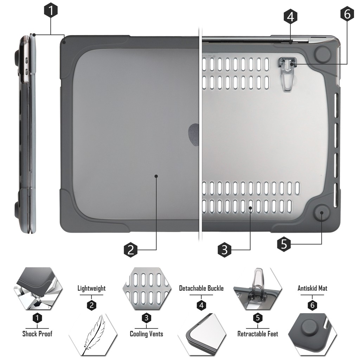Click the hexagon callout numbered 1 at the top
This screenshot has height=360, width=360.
51,10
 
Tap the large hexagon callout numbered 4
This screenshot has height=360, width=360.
290,17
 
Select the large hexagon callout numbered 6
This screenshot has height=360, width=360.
347,14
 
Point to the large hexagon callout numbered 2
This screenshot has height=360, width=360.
131,250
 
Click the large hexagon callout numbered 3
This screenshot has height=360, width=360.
224,250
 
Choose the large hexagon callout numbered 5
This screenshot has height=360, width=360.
284,244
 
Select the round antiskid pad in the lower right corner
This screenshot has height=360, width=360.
322,213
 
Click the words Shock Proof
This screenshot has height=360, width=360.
37,334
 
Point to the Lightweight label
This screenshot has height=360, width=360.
91,288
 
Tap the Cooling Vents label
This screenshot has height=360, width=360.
147,334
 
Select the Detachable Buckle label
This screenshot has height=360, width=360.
201,288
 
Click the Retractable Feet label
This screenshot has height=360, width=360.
258,334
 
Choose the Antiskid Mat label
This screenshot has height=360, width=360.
312,288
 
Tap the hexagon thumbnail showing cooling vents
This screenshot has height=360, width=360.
147,288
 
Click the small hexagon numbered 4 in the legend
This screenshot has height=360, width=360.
201,306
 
